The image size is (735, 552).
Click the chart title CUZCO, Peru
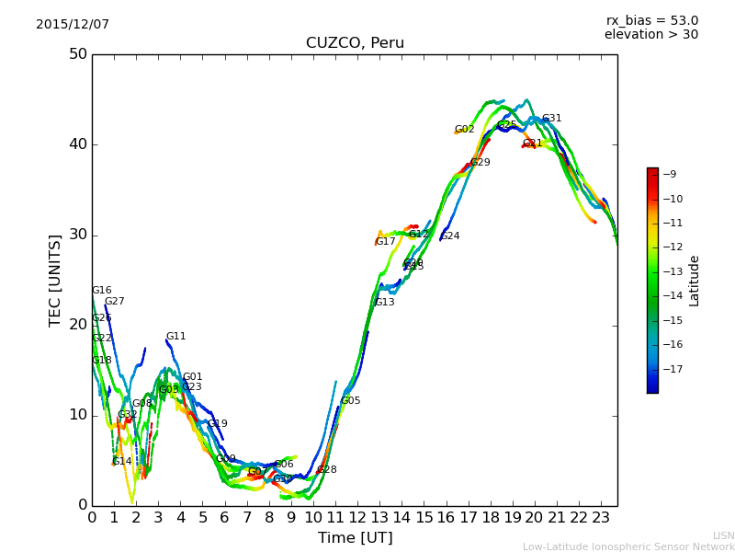(355, 43)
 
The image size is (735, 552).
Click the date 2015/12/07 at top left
(73, 24)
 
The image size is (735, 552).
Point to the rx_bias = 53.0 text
(651, 20)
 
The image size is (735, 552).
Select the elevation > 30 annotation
(650, 35)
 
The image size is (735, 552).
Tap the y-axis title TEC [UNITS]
(55, 280)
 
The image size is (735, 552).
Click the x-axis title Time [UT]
(355, 537)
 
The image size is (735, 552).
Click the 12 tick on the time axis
(358, 517)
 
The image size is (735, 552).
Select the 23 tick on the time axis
(602, 517)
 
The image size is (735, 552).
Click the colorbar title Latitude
(695, 281)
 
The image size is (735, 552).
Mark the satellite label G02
(464, 130)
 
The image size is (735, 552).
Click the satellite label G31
(551, 119)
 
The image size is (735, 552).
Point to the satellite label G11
(175, 337)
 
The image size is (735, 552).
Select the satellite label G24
(449, 236)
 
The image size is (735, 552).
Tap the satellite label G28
(326, 470)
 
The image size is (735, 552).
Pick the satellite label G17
(385, 242)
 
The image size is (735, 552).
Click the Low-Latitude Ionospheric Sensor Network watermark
(628, 546)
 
